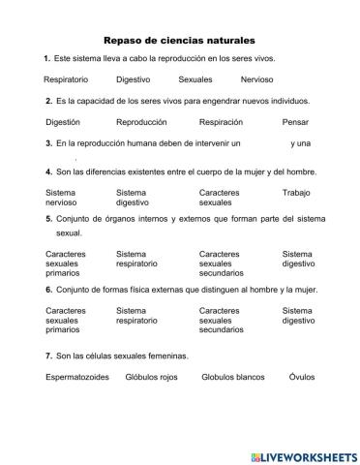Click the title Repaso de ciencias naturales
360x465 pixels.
tap(179, 42)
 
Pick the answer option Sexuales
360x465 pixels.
tap(195, 79)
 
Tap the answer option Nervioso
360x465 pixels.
tap(257, 79)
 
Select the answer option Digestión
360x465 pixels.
tap(63, 122)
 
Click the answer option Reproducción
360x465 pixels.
tap(141, 122)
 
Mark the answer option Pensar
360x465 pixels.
tap(295, 122)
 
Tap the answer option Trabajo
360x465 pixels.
tap(296, 193)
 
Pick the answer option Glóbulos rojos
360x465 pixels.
tap(153, 379)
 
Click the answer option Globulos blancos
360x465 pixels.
tap(234, 379)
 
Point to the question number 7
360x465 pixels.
tap(48, 356)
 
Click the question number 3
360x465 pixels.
tap(48, 143)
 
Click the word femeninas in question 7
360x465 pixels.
tap(167, 356)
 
